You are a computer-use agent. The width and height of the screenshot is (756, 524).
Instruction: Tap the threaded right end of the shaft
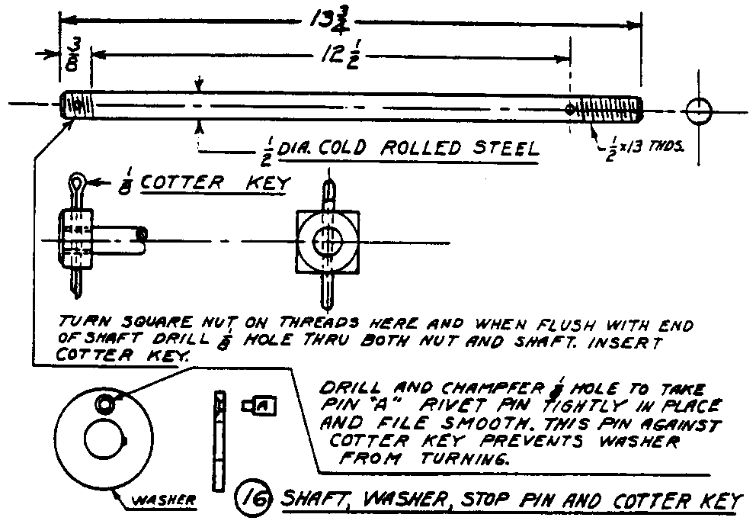[x=610, y=108]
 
